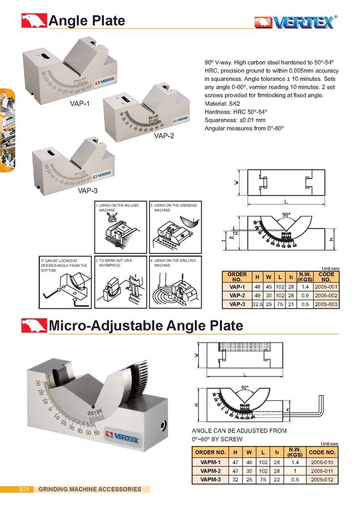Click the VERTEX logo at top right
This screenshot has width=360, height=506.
pos(296,21)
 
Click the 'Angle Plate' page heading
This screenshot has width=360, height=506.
pos(86,21)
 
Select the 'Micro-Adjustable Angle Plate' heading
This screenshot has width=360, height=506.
pos(146,326)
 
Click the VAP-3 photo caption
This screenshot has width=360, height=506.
pos(88,191)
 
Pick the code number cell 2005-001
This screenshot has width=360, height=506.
pos(326,287)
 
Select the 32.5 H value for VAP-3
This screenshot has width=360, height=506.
pos(257,304)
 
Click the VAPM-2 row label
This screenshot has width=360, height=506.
pos(210,470)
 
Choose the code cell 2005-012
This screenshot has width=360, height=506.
pos(323,479)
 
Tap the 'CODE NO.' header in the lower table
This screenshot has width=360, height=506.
pos(323,452)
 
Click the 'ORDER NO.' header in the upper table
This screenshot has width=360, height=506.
pos(237,277)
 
